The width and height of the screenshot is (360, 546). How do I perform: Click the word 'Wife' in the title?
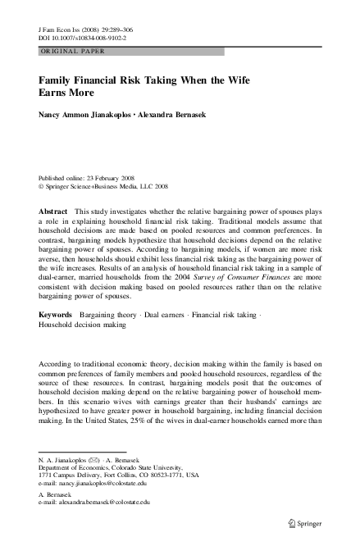(237, 81)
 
